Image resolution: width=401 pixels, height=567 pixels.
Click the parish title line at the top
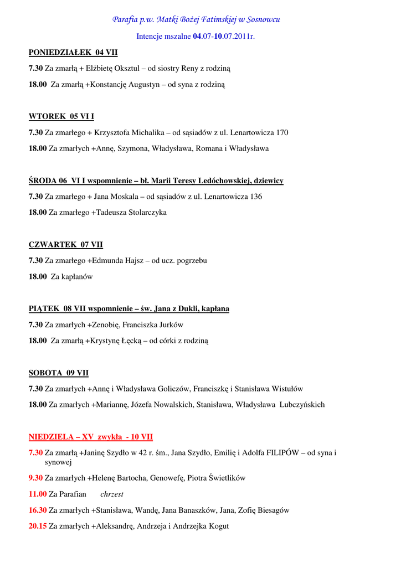pyautogui.click(x=196, y=20)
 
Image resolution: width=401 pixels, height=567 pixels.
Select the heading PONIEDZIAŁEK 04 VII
pyautogui.click(x=73, y=53)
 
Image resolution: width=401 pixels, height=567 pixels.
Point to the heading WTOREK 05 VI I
pyautogui.click(x=61, y=117)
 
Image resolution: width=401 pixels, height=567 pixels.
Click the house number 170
pyautogui.click(x=282, y=133)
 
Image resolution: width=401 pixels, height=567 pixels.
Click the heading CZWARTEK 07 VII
pyautogui.click(x=66, y=245)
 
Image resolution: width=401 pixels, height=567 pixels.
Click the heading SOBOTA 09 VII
pyautogui.click(x=59, y=373)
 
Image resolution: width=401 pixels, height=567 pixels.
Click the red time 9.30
pyautogui.click(x=35, y=478)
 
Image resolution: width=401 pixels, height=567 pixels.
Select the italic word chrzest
pyautogui.click(x=112, y=494)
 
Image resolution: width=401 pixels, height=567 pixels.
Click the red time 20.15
pyautogui.click(x=38, y=526)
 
